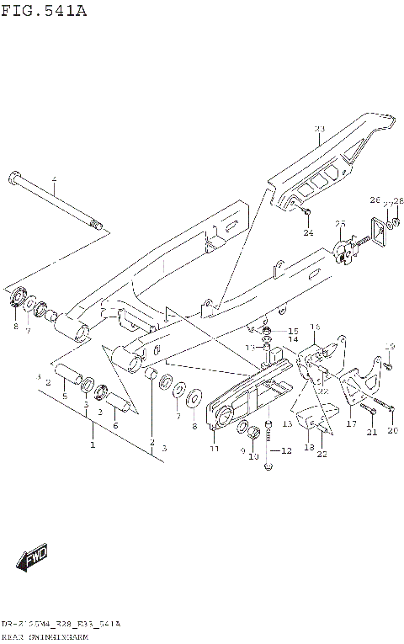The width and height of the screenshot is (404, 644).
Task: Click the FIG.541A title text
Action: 44,11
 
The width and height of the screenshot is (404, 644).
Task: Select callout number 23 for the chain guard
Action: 319,129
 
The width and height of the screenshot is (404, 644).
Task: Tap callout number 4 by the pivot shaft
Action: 53,180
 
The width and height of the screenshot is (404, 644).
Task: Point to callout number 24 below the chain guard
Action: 308,232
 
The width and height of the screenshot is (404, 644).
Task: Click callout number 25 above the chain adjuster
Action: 340,223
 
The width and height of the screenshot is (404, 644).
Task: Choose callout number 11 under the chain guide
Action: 215,449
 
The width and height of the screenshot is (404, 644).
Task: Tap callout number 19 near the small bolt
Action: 390,346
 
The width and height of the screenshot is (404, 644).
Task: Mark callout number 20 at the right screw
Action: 391,432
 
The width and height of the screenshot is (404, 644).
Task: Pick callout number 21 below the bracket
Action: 370,433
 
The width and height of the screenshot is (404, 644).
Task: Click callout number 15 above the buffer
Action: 293,331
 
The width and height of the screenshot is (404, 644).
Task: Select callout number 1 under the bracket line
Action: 93,443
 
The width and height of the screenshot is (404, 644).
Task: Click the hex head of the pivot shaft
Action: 14,178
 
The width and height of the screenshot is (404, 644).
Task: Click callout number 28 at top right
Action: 399,200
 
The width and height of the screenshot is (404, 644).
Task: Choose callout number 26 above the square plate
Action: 375,200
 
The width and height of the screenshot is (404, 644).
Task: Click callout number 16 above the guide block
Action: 315,327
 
